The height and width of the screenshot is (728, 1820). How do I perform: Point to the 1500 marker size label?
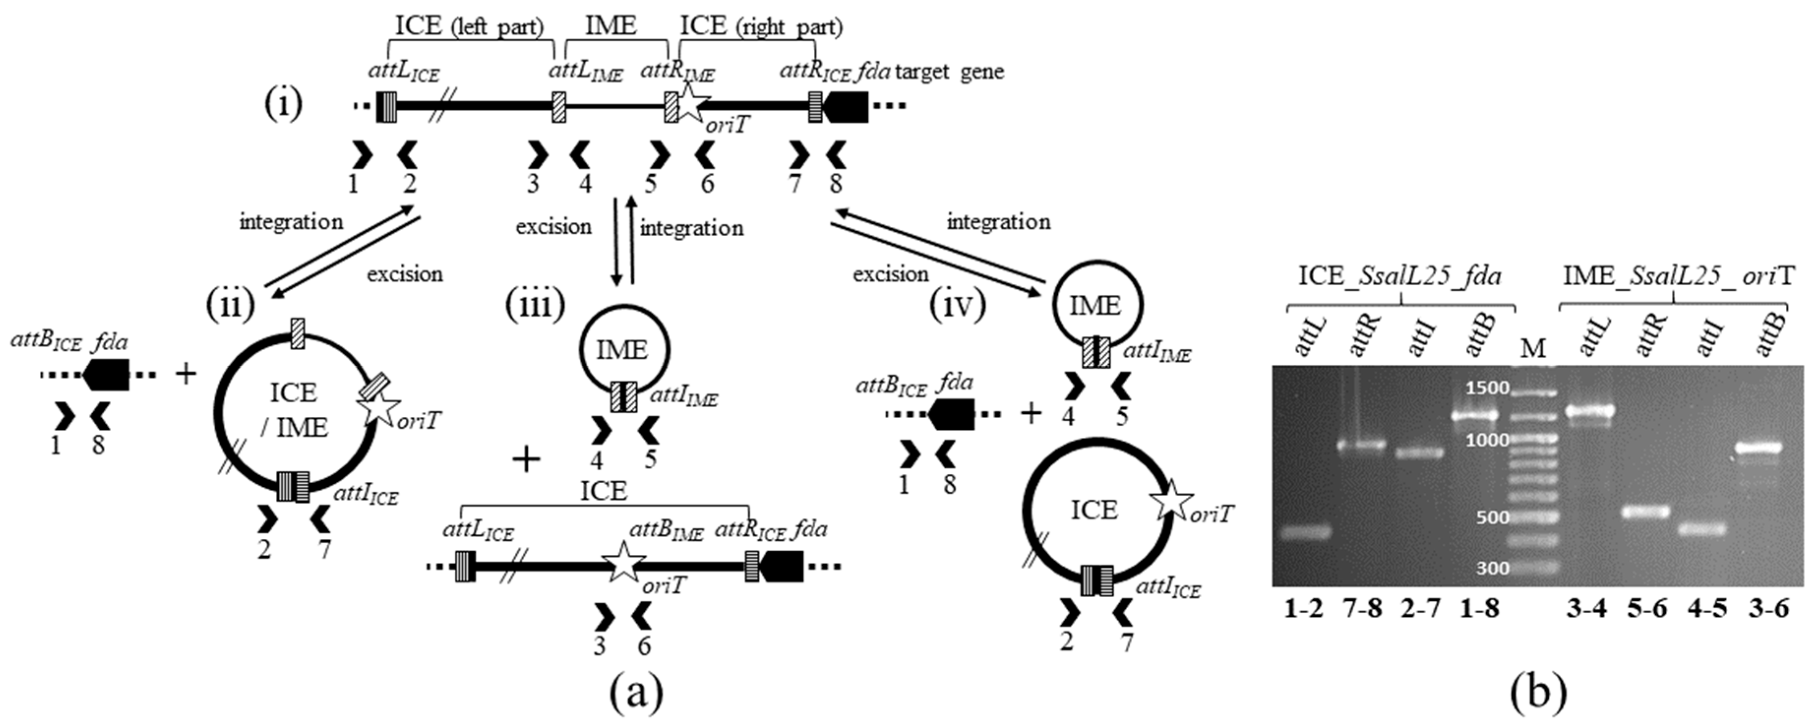point(1487,387)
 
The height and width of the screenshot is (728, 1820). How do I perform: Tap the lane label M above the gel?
point(1532,348)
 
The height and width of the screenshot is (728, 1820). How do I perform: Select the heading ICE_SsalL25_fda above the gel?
point(1400,275)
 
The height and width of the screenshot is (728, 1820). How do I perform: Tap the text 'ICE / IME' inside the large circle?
point(293,410)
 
